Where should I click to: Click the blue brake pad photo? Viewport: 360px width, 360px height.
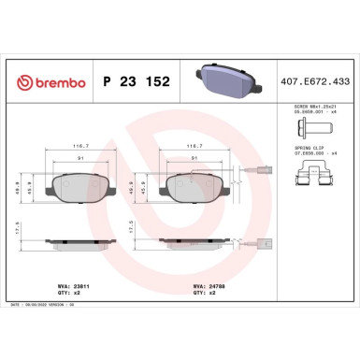(x=223, y=80)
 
